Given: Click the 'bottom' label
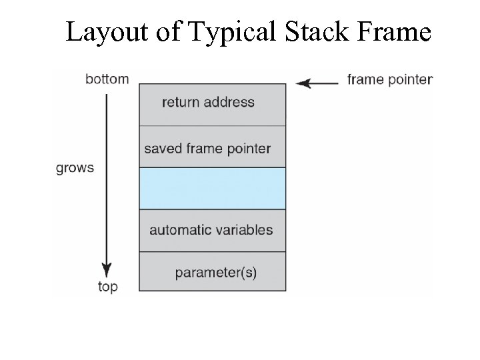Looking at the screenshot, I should [x=107, y=79].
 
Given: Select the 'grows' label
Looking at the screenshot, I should [x=75, y=168].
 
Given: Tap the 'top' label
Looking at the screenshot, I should [x=107, y=287].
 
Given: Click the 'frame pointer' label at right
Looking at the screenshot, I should [x=390, y=80].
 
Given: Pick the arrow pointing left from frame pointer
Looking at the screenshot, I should [x=317, y=83].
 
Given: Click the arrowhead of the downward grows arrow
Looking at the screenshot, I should [x=107, y=269].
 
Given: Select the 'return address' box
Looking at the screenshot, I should [x=212, y=104].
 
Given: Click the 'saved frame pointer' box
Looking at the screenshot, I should [x=212, y=147].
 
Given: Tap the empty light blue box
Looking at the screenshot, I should [x=212, y=189].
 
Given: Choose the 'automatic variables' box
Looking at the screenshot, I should [x=212, y=231].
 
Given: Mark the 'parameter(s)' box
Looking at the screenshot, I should [x=212, y=272].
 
